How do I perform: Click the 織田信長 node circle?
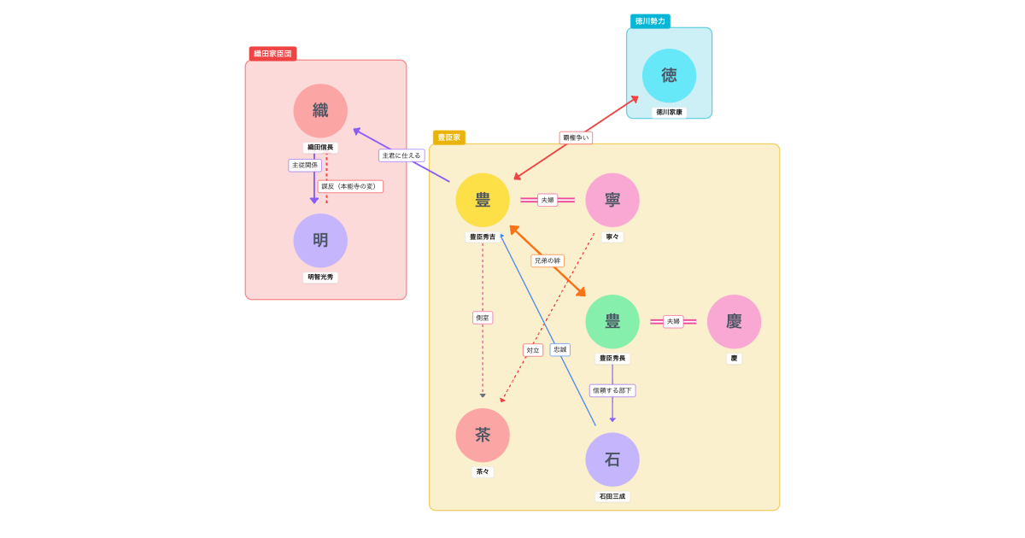coord(320,111)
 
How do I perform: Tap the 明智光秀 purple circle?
coord(320,241)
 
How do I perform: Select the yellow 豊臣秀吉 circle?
coord(483,200)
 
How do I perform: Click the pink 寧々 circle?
coord(612,200)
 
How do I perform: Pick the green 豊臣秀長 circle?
coord(612,321)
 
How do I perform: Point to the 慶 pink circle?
coord(734,321)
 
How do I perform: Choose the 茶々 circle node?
coord(483,436)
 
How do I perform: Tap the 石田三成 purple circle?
coord(612,459)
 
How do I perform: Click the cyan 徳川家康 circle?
coord(669,75)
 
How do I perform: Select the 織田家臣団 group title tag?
coord(272,54)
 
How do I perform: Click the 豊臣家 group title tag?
coord(448,137)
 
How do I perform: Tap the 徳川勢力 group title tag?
coord(650,21)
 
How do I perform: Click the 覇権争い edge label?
coord(576,137)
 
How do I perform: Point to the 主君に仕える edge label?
coord(401,155)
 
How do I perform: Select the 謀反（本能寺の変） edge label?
coord(350,186)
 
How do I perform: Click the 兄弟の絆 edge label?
coord(548,260)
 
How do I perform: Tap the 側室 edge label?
coord(483,318)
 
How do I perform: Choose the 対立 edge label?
coord(533,350)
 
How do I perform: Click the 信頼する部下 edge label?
coord(612,390)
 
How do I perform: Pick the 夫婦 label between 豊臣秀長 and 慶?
coord(673,322)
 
